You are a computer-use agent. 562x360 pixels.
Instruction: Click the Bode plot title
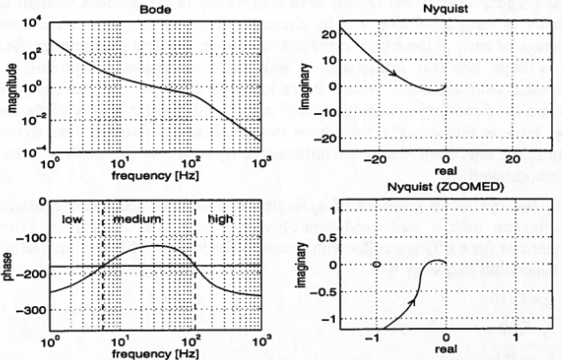click(155, 8)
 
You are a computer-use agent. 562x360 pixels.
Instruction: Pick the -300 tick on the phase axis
click(29, 310)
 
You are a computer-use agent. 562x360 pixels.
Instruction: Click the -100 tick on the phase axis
click(29, 238)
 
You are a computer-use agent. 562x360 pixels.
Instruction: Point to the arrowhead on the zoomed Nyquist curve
click(412, 302)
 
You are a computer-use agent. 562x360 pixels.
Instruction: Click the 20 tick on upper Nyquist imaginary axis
click(331, 35)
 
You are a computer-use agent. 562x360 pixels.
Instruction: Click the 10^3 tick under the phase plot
click(260, 341)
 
